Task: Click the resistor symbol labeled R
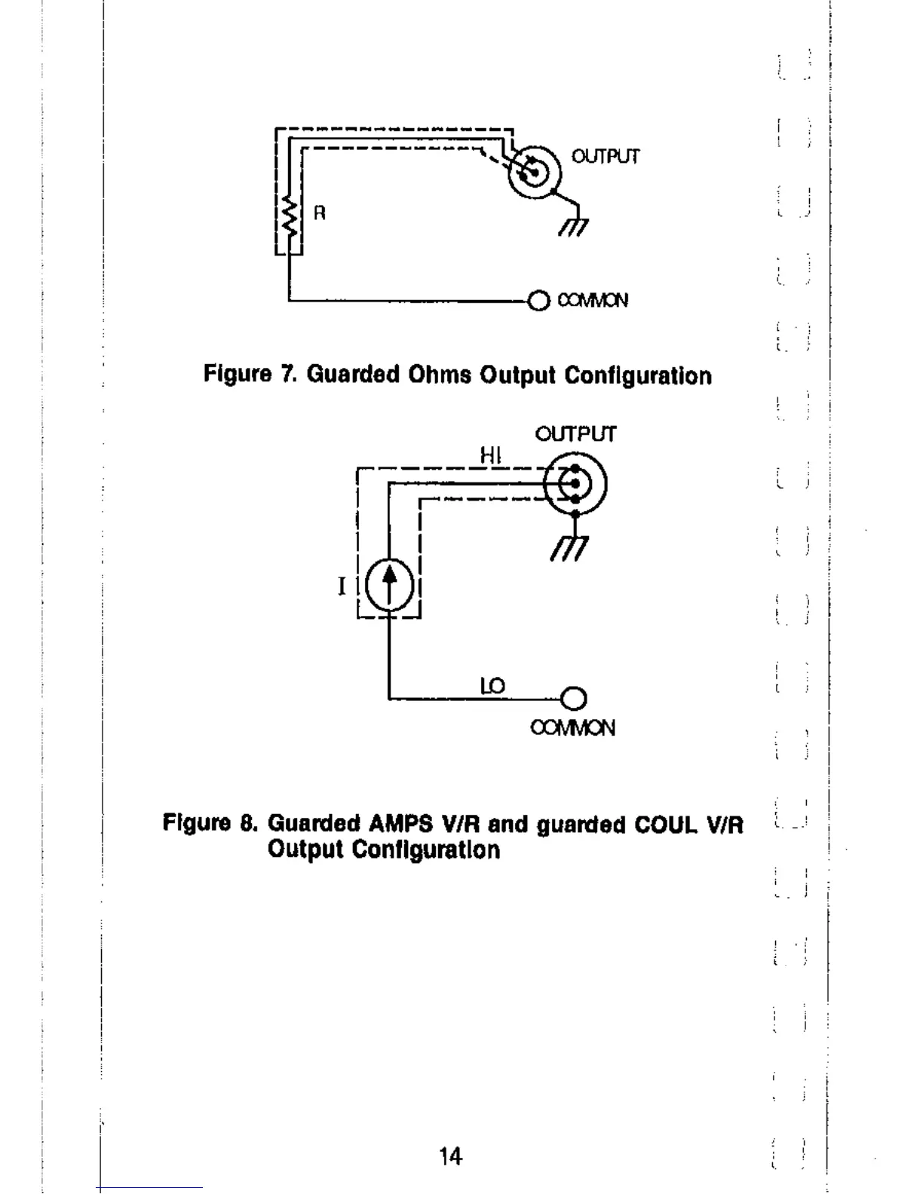287,215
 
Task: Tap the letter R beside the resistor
320,213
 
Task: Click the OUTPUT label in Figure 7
605,157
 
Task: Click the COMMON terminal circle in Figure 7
538,302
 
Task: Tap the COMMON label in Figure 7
593,301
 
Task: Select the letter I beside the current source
342,586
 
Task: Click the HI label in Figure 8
490,455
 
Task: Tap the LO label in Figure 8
492,686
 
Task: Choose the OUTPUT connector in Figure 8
575,484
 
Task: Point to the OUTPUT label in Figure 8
575,434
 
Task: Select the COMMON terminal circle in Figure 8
574,700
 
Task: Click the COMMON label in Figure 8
573,728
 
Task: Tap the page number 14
451,1156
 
